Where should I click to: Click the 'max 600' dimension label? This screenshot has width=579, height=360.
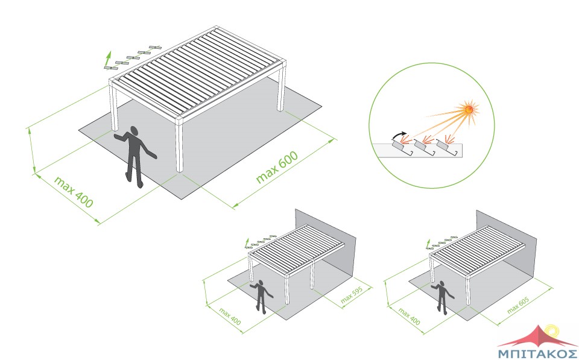coord(277,167)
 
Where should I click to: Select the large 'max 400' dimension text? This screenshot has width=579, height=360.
coord(74,192)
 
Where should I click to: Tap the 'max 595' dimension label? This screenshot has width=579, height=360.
coord(352,295)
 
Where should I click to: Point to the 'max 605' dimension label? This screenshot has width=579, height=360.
coord(518,305)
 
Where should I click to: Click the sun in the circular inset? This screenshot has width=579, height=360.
coord(469,109)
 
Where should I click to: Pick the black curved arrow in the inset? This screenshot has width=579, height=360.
coord(399,136)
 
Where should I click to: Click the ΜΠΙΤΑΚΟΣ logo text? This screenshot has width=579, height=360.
coord(537,352)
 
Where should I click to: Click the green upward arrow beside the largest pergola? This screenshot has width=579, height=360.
coord(108,59)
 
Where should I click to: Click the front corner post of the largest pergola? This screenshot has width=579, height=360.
coord(180,145)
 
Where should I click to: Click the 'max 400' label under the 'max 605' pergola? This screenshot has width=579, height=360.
coord(409,317)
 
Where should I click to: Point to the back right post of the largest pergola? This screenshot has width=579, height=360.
coord(282,89)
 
